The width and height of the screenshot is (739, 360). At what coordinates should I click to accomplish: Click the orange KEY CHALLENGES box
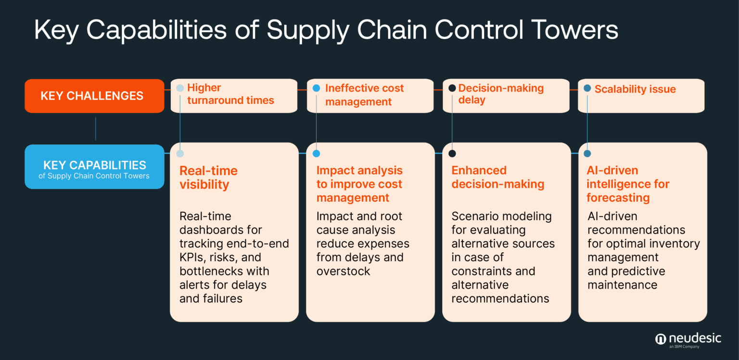click(94, 96)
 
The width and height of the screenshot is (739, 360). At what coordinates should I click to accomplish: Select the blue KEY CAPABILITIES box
click(94, 167)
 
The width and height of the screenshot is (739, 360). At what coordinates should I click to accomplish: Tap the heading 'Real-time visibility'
click(208, 178)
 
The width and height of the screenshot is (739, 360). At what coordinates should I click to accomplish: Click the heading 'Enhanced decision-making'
click(497, 178)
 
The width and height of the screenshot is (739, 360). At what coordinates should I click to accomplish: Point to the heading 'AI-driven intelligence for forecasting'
click(627, 184)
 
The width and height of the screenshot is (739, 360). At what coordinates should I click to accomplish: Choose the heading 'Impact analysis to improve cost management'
click(359, 184)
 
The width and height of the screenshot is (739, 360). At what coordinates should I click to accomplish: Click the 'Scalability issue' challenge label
click(635, 89)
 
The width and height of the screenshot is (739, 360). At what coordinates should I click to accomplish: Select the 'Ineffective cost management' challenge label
click(364, 95)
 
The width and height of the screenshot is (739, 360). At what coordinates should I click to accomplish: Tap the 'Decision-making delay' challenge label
click(500, 94)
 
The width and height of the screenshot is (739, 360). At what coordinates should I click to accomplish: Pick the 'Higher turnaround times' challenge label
click(230, 94)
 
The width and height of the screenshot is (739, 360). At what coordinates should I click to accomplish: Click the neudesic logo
click(688, 339)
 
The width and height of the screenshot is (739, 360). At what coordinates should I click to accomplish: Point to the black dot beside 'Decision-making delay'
click(452, 88)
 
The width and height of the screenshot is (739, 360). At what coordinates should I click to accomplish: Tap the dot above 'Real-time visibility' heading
click(180, 154)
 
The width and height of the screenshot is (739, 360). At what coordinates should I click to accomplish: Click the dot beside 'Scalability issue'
click(587, 89)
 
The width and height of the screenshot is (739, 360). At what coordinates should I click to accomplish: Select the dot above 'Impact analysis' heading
click(316, 154)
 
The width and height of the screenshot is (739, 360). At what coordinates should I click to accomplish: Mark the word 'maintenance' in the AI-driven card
click(622, 285)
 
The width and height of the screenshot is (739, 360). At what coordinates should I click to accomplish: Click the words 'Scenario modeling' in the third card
click(501, 216)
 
